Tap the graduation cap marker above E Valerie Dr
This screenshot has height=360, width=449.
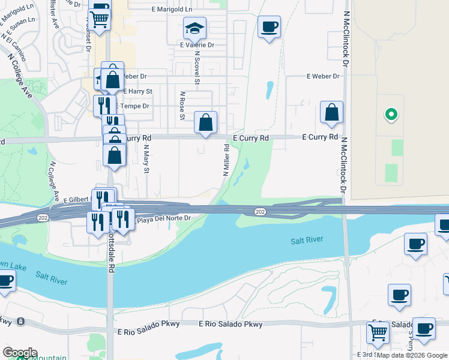pyautogui.click(x=194, y=28)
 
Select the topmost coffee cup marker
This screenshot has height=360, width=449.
pyautogui.click(x=270, y=27)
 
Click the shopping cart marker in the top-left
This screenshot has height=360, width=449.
pyautogui.click(x=99, y=19)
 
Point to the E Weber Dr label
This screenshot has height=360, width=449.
pyautogui.click(x=323, y=76)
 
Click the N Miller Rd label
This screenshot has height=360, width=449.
pyautogui.click(x=227, y=160)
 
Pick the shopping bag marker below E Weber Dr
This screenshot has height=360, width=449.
pyautogui.click(x=331, y=113)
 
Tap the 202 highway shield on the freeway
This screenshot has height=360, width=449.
pyautogui.click(x=259, y=211)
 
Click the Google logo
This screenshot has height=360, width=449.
pyautogui.click(x=20, y=353)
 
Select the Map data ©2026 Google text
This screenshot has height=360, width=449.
pyautogui.click(x=412, y=355)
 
